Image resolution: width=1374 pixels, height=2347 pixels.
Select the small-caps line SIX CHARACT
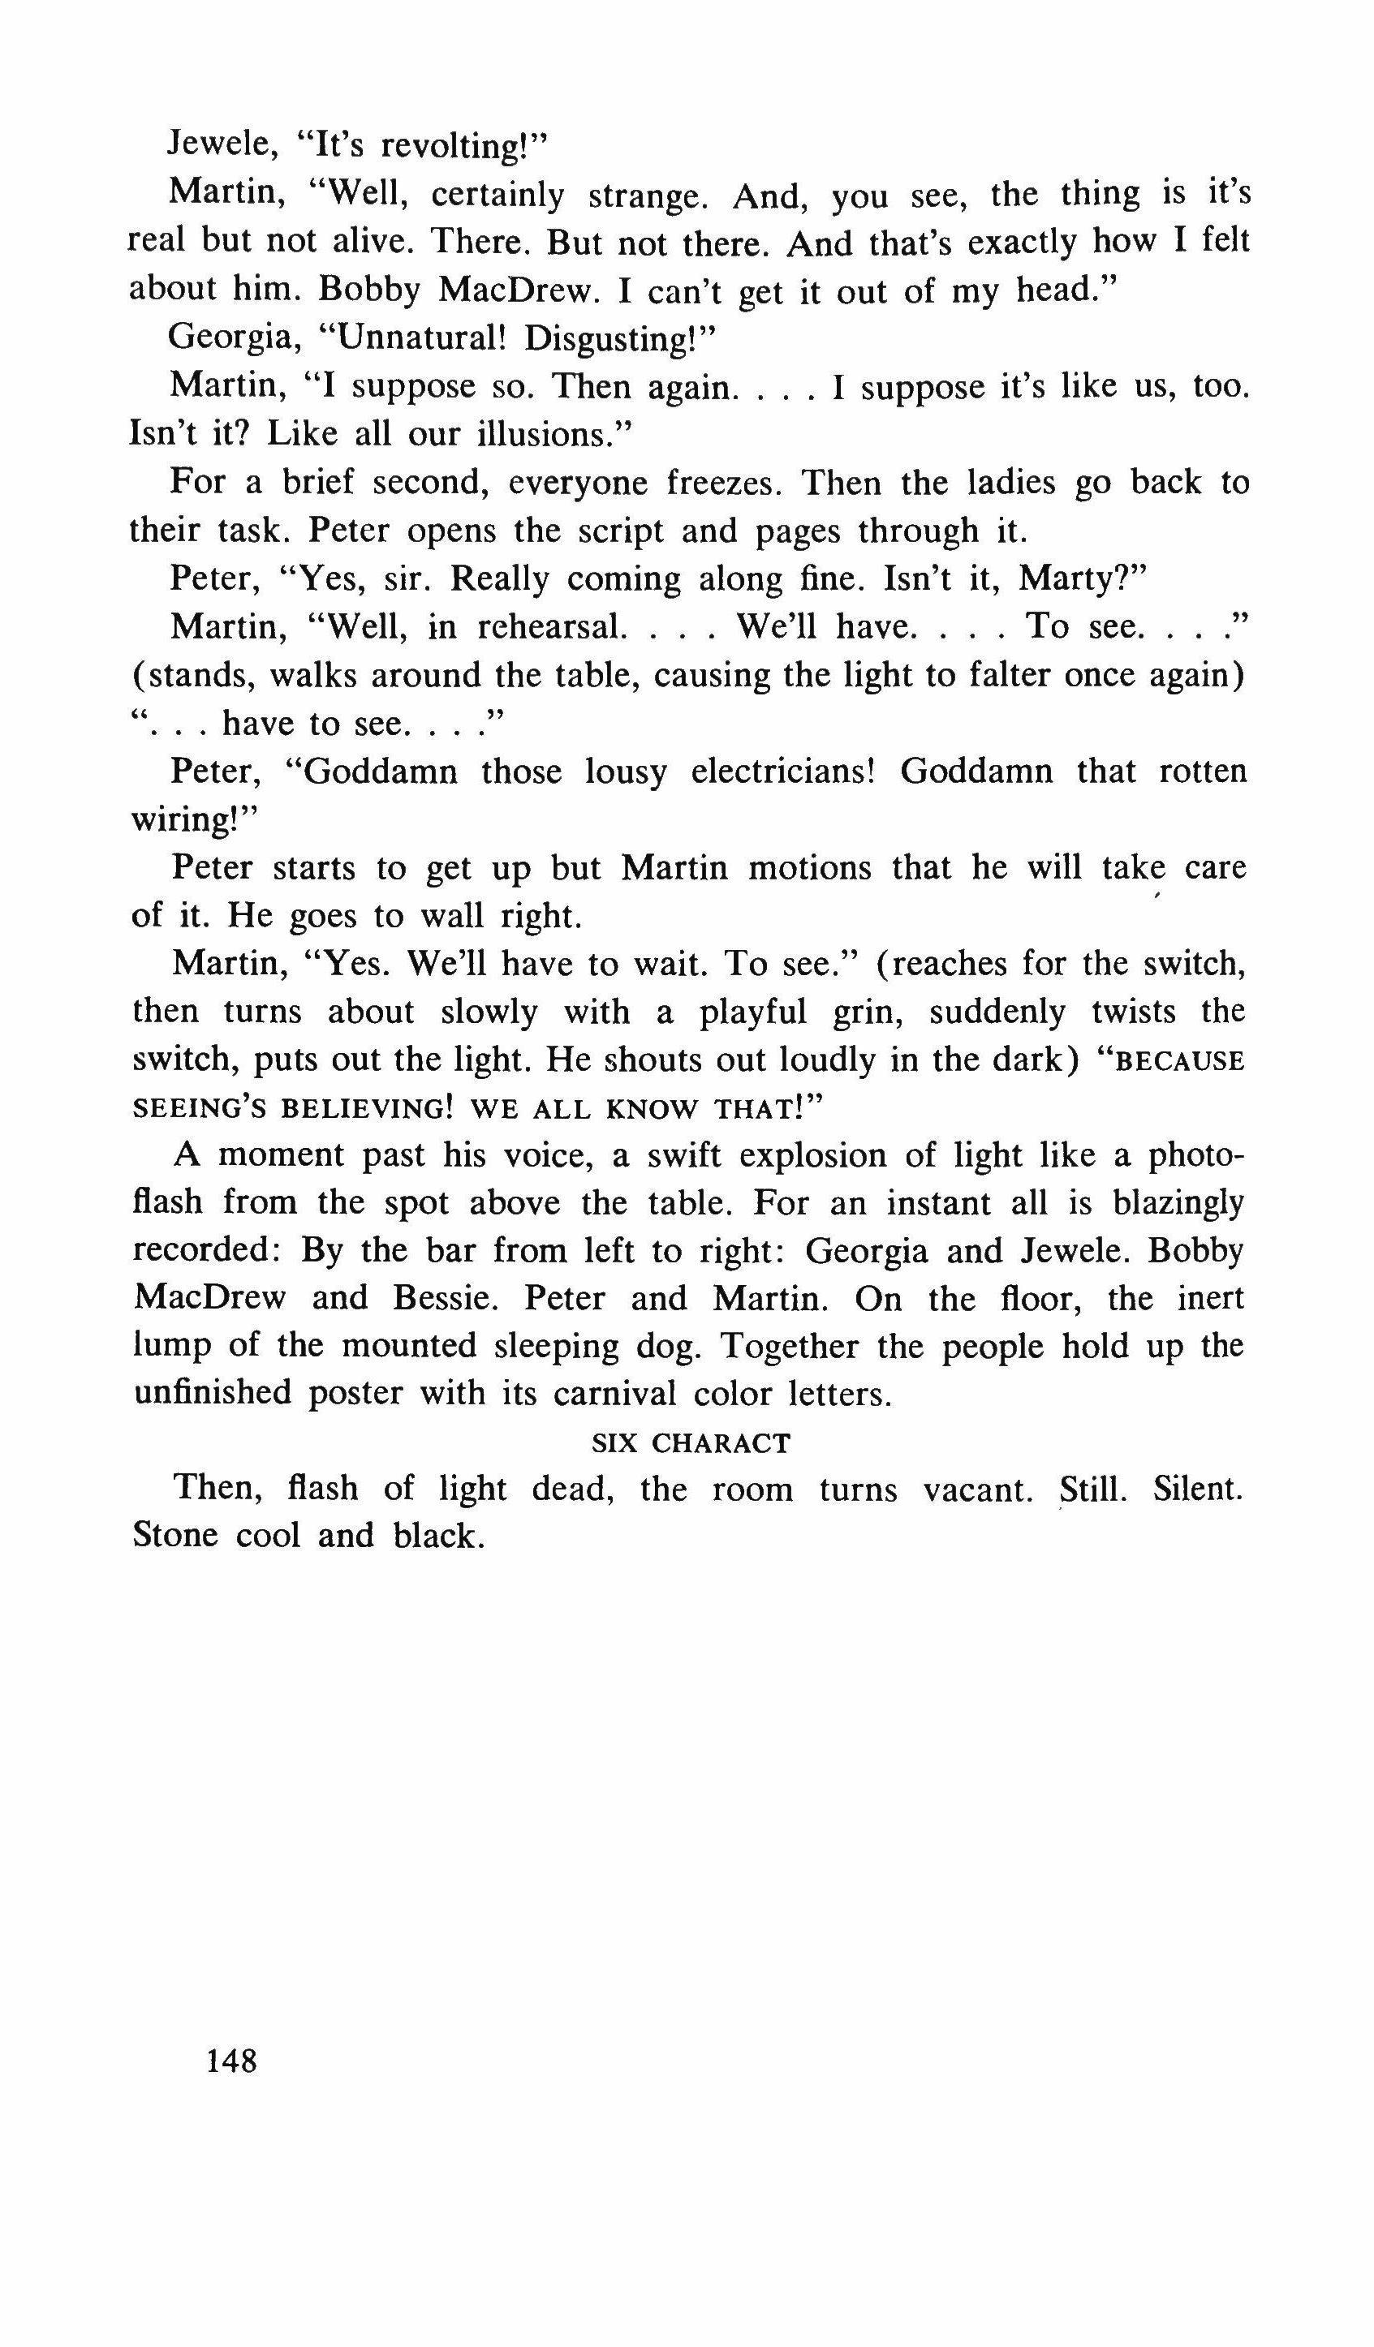click(691, 1442)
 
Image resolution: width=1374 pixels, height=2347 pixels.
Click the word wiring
click(184, 820)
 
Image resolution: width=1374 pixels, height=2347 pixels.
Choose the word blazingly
click(1178, 1204)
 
